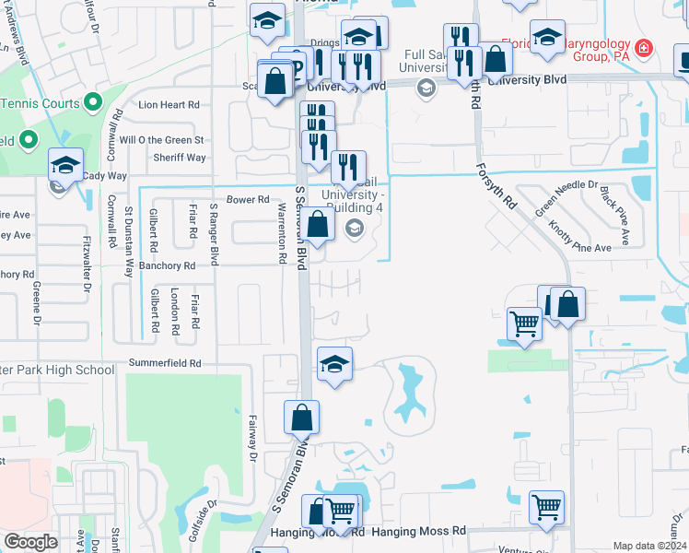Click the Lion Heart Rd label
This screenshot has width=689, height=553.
[x=169, y=105]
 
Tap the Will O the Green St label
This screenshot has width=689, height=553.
[x=160, y=140]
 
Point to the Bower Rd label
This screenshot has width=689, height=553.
[x=248, y=199]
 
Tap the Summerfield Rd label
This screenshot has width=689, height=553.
[x=165, y=364]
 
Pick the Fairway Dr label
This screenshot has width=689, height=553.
[x=251, y=438]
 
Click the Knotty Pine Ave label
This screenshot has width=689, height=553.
[x=579, y=235]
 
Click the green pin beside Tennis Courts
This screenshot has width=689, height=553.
[x=92, y=102]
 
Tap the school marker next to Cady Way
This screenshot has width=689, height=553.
[x=66, y=165]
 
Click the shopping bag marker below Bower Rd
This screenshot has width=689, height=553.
[x=318, y=224]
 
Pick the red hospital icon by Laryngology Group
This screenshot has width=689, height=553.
[x=644, y=46]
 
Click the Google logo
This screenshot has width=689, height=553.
[x=31, y=542]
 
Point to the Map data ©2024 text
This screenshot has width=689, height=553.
[x=649, y=546]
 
